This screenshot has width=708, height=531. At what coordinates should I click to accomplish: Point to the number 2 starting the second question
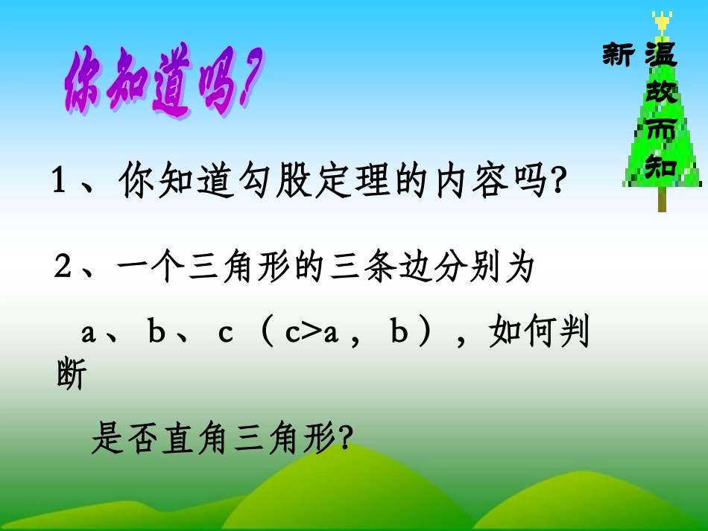[63, 267]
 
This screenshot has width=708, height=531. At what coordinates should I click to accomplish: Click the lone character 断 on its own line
[71, 375]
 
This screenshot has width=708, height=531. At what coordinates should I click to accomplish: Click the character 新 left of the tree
[618, 55]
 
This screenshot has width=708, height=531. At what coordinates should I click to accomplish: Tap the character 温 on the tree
[660, 54]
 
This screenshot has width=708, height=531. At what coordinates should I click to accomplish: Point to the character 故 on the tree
[660, 92]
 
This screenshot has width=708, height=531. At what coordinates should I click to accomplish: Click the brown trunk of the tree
[662, 200]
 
